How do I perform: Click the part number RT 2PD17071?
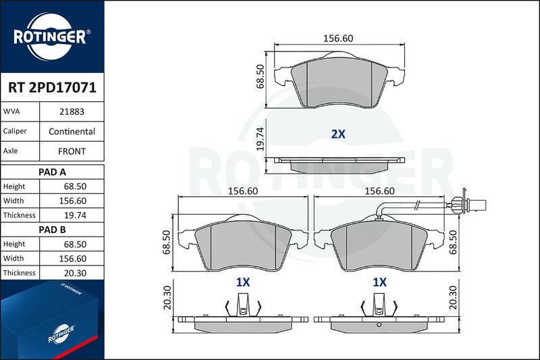coord(52,88)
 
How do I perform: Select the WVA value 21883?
coord(72,111)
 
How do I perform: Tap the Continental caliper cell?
coord(72,131)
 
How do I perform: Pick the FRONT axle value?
coord(72,151)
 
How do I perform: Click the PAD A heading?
coord(52,172)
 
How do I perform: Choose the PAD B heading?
coord(52,230)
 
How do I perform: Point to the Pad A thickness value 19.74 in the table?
coord(75,215)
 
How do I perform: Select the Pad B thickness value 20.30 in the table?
coord(75,273)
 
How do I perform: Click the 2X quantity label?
coord(338,134)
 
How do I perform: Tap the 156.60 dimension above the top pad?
coord(338,38)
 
